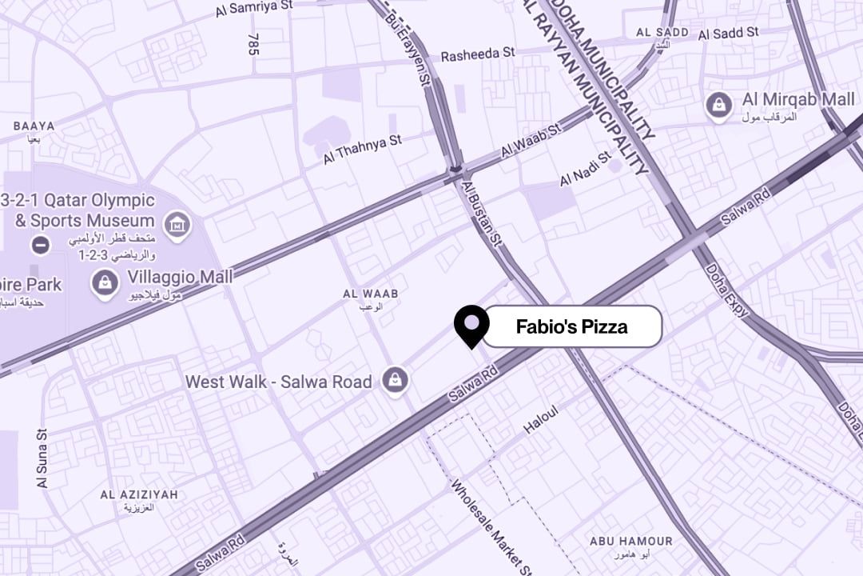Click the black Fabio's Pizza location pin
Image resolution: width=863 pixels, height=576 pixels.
coord(471,324)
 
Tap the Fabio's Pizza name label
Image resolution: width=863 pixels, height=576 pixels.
coord(572,326)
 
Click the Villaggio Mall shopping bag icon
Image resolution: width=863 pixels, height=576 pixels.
coord(105,282)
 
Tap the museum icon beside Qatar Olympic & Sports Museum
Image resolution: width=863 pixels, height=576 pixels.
coord(177,225)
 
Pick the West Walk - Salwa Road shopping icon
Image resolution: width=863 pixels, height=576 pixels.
coord(395,382)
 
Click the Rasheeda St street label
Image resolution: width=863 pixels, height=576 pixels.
coord(478,53)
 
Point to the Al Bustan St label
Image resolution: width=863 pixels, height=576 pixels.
coord(481,212)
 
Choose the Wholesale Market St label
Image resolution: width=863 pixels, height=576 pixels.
coord(490,526)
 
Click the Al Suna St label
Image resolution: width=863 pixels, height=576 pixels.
coord(42,458)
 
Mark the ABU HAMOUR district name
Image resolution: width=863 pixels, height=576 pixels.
coord(630,542)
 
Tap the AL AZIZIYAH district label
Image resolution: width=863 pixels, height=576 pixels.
coord(139,495)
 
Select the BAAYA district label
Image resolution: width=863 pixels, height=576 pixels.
coord(34,126)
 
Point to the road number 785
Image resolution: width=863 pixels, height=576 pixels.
coord(254,44)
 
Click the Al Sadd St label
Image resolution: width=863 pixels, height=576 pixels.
coord(728,34)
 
